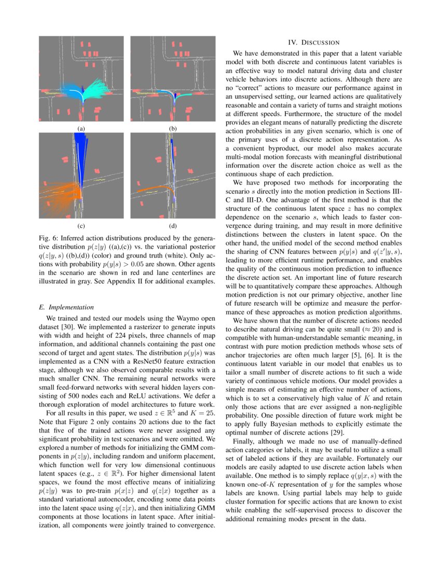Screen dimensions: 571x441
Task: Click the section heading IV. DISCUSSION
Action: [313, 42]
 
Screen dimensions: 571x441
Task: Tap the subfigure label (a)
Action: [81, 128]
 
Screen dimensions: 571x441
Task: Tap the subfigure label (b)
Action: [173, 128]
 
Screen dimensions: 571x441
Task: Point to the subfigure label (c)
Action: [81, 226]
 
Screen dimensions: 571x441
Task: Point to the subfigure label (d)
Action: [173, 226]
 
